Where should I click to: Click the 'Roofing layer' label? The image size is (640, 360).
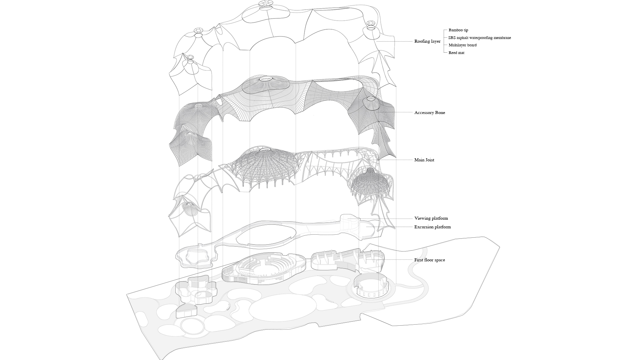[x=427, y=41]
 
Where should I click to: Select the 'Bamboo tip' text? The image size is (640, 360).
[x=458, y=30]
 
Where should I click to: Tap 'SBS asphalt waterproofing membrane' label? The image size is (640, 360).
[x=479, y=38]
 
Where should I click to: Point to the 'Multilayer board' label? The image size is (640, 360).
[x=462, y=45]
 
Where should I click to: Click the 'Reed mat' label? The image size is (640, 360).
[x=456, y=53]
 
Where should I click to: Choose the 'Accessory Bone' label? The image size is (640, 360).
[x=429, y=113]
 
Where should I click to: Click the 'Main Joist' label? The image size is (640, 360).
[x=424, y=160]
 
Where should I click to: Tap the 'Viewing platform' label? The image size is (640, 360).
[x=431, y=218]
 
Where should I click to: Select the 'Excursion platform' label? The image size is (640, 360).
[x=432, y=227]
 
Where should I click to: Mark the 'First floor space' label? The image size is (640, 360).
[x=429, y=260]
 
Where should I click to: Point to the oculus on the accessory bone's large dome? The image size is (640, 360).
[x=266, y=79]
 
